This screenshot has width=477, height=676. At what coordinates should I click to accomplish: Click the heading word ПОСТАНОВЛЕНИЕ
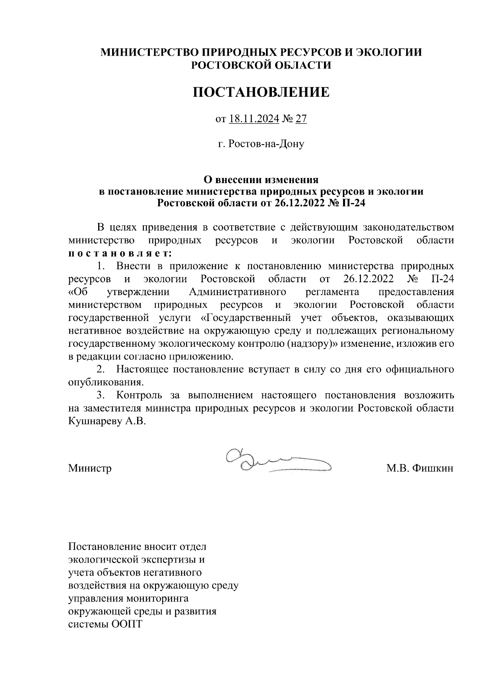pos(261,92)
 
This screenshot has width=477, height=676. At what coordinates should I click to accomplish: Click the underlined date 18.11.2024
pos(254,119)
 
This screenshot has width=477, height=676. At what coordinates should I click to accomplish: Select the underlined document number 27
pos(301,119)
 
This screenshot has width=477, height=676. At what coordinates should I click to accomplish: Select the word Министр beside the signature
pos(90,468)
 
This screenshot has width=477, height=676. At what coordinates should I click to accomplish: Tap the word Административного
pos(238,292)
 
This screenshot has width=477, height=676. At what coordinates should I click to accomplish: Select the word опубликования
pos(105,383)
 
